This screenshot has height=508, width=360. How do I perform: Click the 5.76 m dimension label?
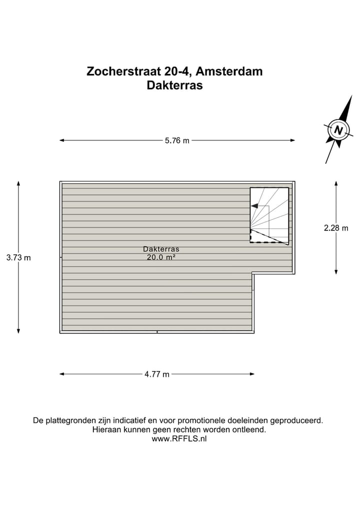(177, 140)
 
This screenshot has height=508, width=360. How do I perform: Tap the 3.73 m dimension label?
(18, 258)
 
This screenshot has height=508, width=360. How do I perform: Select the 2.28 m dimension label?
(336, 228)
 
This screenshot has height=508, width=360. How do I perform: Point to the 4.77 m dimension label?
(157, 374)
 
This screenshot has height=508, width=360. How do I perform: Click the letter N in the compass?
(338, 130)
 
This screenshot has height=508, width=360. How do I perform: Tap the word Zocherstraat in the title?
(120, 71)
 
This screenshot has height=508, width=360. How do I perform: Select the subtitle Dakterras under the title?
(174, 85)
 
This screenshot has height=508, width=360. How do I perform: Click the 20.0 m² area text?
(161, 258)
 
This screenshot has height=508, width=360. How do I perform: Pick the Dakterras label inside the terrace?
(161, 249)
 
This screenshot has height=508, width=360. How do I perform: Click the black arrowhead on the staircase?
(254, 206)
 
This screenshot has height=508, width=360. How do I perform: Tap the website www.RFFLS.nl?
(179, 439)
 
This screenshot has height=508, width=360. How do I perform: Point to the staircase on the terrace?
(269, 215)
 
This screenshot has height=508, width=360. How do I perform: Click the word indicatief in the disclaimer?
(131, 421)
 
